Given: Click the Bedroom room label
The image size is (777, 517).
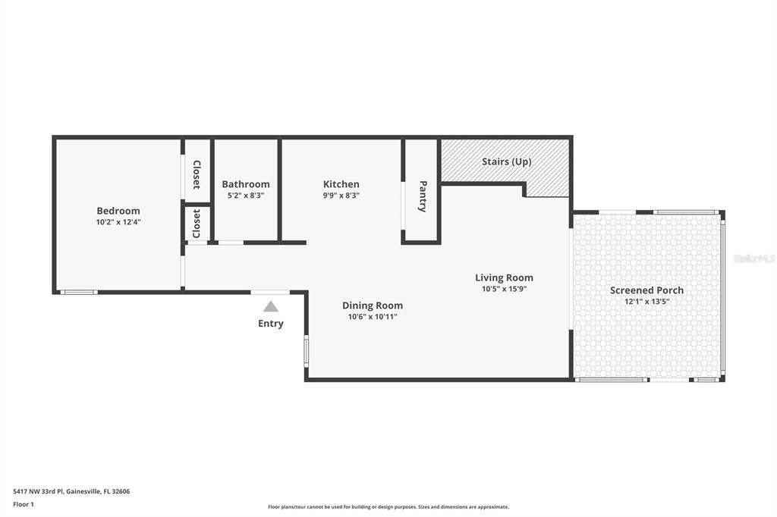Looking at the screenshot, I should click(118, 211).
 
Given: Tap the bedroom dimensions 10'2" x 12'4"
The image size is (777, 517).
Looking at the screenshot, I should click(118, 222).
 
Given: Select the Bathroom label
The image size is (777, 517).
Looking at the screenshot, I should click(245, 184).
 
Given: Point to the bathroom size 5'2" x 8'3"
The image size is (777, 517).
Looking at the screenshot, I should click(245, 195).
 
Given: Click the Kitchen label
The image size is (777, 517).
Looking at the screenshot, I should click(341, 184).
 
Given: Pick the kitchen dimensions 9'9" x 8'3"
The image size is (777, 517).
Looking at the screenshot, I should click(341, 195).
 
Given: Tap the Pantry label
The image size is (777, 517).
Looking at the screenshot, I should click(423, 196).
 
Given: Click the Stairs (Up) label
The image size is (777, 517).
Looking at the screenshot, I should click(506, 161).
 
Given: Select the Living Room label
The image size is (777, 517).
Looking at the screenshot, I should click(504, 277).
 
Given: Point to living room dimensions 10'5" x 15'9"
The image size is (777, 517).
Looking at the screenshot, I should click(504, 289).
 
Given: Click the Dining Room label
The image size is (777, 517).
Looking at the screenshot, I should click(373, 305).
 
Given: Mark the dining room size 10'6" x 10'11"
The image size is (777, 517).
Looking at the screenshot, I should click(373, 317).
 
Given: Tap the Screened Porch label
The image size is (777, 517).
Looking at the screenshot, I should click(646, 290).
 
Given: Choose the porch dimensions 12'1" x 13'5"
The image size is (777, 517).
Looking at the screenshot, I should click(646, 301).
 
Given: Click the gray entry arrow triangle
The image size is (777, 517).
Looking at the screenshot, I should click(270, 307).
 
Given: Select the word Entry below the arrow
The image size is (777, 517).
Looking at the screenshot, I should click(270, 324).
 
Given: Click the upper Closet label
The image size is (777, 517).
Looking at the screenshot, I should click(197, 174).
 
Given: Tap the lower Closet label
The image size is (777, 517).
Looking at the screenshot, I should click(197, 224).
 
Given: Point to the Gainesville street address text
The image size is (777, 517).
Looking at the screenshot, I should click(71, 491).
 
